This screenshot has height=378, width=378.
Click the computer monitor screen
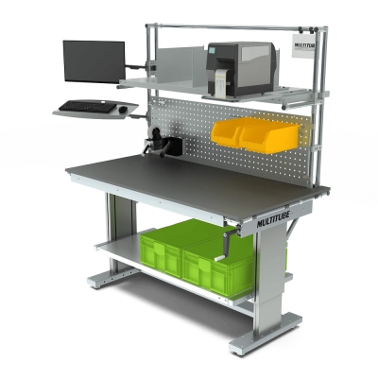tap(93, 61)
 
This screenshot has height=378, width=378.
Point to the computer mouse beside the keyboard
tap(122, 111)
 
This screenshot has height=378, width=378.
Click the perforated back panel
tap(189, 132)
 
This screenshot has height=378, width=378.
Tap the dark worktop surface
tap(189, 184)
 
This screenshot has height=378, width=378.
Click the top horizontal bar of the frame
tap(236, 26)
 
